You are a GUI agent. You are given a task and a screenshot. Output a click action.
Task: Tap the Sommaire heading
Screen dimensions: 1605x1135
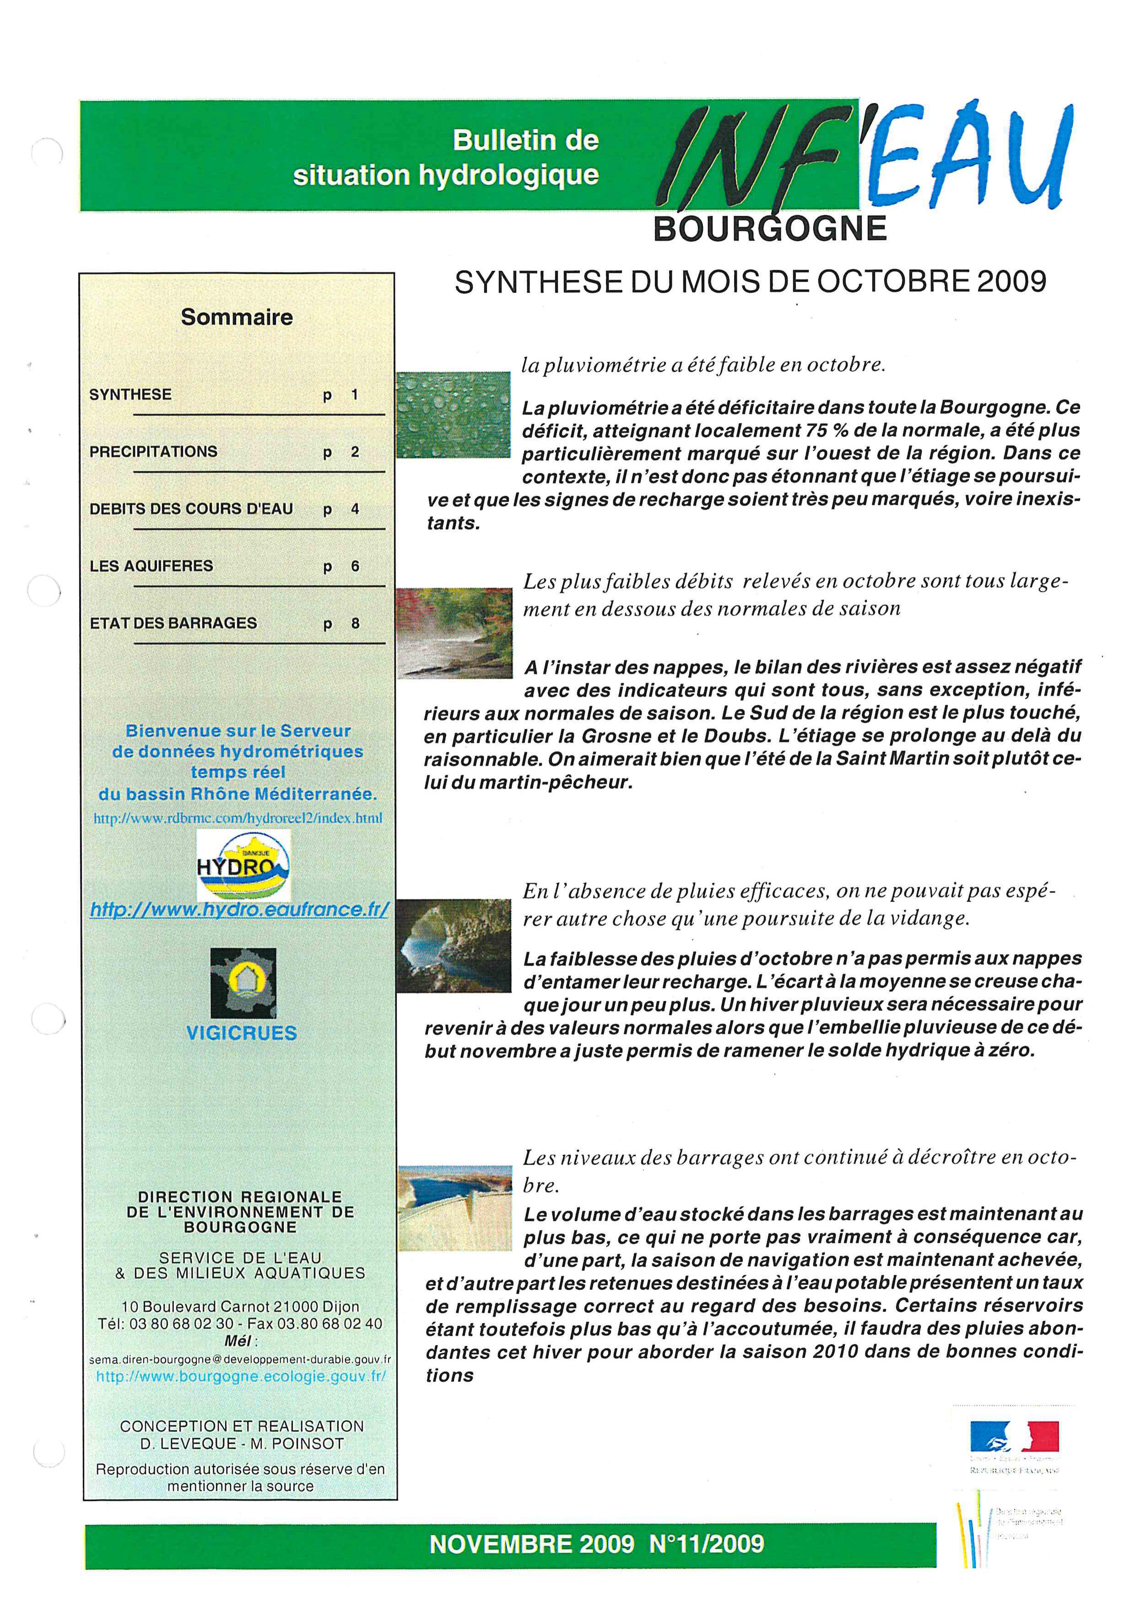click(x=237, y=317)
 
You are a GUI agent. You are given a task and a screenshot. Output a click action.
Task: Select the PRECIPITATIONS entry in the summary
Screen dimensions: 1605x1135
click(x=153, y=452)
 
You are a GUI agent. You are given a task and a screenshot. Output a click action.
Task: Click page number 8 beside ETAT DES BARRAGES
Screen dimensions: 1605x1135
click(x=355, y=623)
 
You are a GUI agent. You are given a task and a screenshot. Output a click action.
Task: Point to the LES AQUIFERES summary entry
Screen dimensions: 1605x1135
click(x=151, y=566)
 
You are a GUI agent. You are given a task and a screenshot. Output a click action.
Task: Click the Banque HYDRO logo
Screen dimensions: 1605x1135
click(x=243, y=865)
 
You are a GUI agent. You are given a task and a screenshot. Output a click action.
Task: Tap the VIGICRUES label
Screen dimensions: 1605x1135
click(x=242, y=1033)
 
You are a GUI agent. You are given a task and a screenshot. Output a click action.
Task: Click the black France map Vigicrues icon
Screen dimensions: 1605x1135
click(x=243, y=983)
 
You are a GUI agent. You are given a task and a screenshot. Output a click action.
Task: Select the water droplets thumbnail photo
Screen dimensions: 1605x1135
click(x=454, y=415)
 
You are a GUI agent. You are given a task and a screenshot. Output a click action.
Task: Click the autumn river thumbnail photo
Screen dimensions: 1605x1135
click(x=454, y=632)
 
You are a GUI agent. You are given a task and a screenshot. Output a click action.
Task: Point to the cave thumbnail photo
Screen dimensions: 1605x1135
click(x=454, y=945)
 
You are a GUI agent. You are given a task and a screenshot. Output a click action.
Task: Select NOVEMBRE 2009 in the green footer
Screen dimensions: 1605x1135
click(x=532, y=1544)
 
